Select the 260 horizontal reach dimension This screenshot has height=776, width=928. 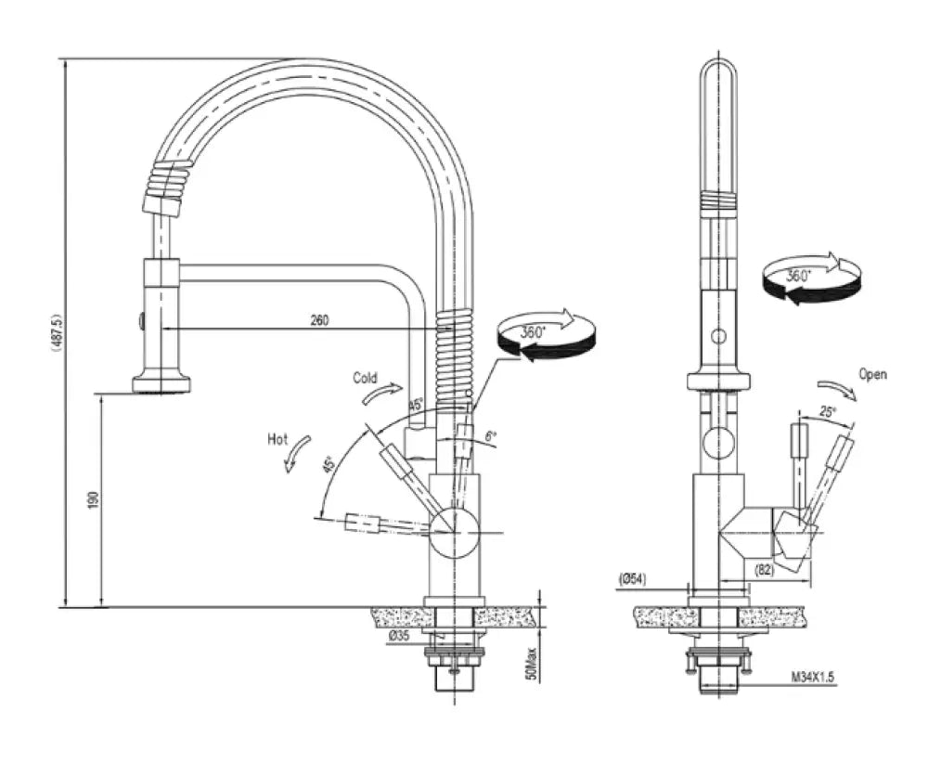pos(319,321)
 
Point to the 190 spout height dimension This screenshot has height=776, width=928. pos(92,500)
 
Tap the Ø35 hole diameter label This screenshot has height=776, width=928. pos(399,636)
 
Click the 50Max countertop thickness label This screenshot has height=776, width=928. pos(531,657)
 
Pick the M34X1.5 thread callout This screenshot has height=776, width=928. pos(814,679)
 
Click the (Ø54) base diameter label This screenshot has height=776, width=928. pos(633,579)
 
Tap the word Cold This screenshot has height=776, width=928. pos(365,378)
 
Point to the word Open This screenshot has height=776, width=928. pos(872,375)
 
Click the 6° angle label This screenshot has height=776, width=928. pos(492,435)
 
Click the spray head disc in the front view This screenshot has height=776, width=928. pos(161,382)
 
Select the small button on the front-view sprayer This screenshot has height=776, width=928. pos(141,321)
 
